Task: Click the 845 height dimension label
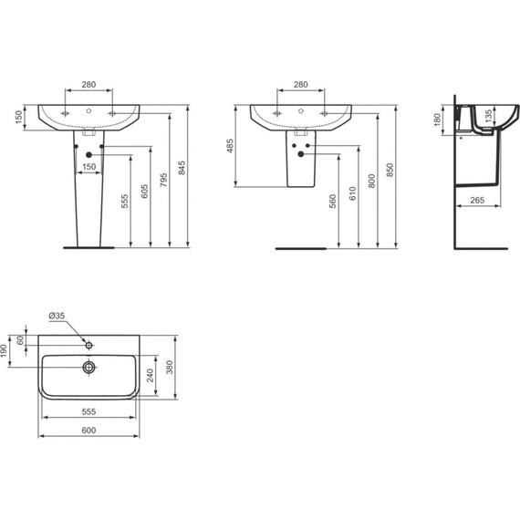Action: click(x=182, y=168)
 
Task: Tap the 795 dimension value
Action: click(x=163, y=180)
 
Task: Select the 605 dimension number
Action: click(x=144, y=192)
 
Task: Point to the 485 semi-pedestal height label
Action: click(x=230, y=146)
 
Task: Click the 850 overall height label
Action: click(x=390, y=170)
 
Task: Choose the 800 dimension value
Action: click(x=371, y=181)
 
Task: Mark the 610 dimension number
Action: click(x=352, y=193)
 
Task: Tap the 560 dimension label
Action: click(x=333, y=202)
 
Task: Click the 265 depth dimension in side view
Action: click(x=477, y=200)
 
